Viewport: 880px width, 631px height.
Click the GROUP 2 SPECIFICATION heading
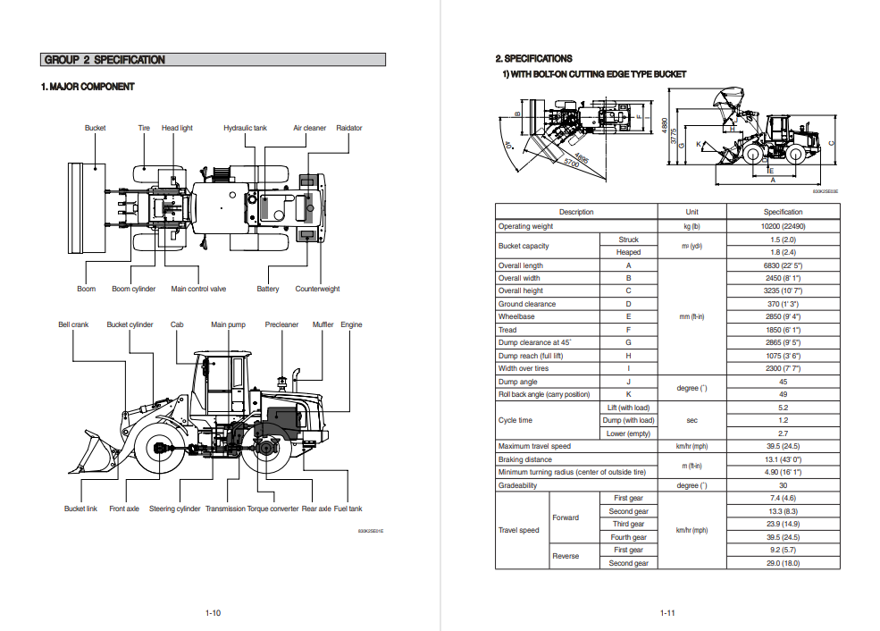[x=105, y=60]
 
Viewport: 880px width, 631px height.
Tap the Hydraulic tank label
[x=245, y=128]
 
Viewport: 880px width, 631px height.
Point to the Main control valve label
[x=198, y=289]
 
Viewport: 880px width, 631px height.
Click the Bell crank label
[x=73, y=324]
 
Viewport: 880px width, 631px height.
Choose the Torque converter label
[x=272, y=509]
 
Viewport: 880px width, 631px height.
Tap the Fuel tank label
[x=348, y=509]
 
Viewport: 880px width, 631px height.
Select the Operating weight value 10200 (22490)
[x=783, y=226]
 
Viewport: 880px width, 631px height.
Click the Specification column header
[x=783, y=212]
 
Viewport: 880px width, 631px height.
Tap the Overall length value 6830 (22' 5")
[x=783, y=265]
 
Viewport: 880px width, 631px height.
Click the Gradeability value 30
[x=783, y=485]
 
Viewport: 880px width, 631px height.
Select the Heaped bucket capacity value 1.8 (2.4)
[x=783, y=252]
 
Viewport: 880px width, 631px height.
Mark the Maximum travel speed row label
[x=534, y=446]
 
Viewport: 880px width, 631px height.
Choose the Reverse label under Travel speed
[x=566, y=556]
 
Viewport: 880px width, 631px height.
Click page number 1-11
[x=666, y=613]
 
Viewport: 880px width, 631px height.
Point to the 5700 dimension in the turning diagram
[x=572, y=163]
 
